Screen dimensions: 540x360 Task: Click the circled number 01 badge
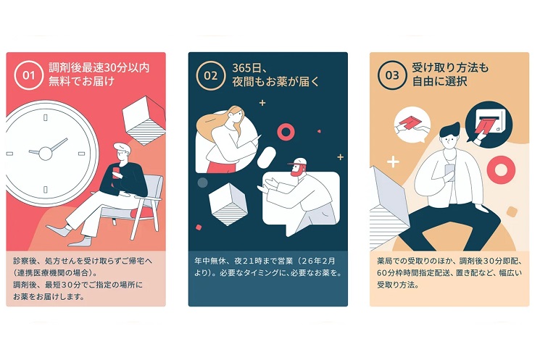(x=28, y=75)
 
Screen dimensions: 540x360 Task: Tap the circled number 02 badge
(x=210, y=75)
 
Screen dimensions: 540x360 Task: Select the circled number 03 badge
(x=392, y=75)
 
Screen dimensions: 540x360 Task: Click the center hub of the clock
(x=45, y=153)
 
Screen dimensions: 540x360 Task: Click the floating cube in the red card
(x=144, y=120)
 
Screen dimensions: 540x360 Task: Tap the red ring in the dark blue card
(x=286, y=132)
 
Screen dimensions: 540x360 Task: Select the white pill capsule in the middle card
(x=266, y=157)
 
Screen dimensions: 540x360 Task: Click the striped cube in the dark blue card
(x=228, y=204)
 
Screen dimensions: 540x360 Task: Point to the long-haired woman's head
(x=236, y=116)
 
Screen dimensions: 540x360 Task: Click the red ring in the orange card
(x=501, y=169)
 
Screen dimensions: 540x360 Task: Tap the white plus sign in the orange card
(x=393, y=162)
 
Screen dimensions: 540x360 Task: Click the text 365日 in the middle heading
(x=246, y=68)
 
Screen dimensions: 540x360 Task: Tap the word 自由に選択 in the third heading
(x=439, y=82)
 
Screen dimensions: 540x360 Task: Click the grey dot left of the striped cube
(x=202, y=183)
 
